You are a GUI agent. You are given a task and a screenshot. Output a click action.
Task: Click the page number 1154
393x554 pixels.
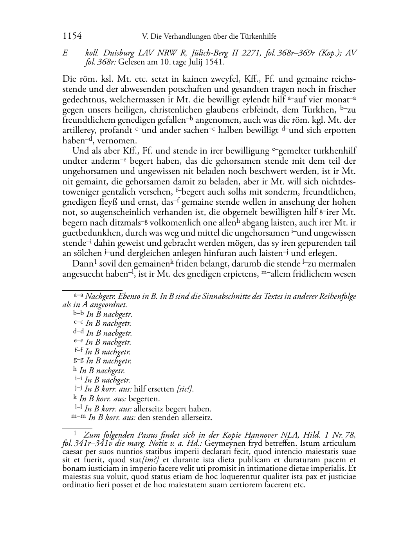click(x=72, y=36)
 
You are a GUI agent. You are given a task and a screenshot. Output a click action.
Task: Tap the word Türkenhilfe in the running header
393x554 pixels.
click(x=258, y=36)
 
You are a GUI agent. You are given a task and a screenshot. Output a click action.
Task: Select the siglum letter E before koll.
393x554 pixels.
click(x=65, y=54)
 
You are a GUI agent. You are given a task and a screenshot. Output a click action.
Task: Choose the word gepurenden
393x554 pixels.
click(x=318, y=243)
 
